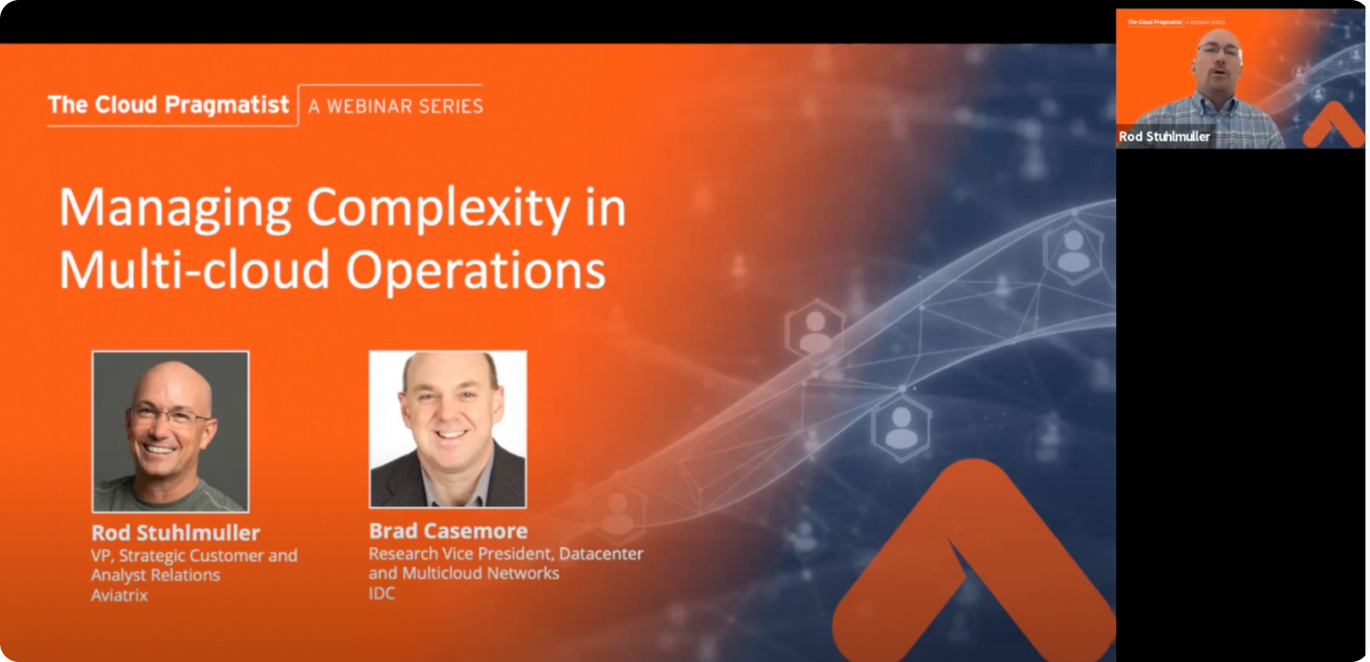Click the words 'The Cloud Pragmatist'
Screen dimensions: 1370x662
pyautogui.click(x=168, y=106)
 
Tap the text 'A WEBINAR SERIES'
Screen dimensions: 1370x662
pyautogui.click(x=396, y=107)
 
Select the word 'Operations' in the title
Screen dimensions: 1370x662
pyautogui.click(x=475, y=270)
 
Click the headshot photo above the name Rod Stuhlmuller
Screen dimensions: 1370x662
pyautogui.click(x=170, y=431)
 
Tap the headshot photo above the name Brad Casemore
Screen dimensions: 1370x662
pyautogui.click(x=448, y=429)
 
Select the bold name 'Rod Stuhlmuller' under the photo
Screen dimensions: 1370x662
pyautogui.click(x=176, y=533)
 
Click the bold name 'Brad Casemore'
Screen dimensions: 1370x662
pyautogui.click(x=449, y=531)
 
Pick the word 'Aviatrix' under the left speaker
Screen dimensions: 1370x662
pyautogui.click(x=119, y=595)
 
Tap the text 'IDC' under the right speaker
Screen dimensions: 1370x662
pyautogui.click(x=381, y=594)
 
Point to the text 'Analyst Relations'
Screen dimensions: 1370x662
pyautogui.click(x=155, y=575)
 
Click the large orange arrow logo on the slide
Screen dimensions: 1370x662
pyautogui.click(x=973, y=560)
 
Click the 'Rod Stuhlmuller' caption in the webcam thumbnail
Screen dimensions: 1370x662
pyautogui.click(x=1165, y=136)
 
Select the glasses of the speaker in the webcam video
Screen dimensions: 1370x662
pyautogui.click(x=1218, y=50)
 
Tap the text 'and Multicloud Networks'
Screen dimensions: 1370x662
pyautogui.click(x=464, y=574)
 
